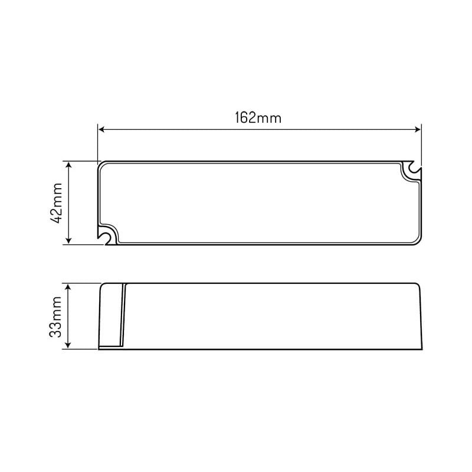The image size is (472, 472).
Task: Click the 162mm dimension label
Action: (258, 117)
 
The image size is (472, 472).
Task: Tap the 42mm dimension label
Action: (56, 203)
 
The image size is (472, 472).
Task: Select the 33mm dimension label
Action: (55, 317)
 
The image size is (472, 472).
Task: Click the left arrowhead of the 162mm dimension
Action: (101, 129)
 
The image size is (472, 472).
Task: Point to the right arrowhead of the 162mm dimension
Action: (418, 129)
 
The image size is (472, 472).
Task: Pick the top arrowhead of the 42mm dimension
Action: (68, 165)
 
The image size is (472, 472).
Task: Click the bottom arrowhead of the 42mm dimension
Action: (68, 240)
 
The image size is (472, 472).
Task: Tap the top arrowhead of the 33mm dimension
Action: (68, 287)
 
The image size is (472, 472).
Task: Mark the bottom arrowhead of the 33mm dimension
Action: (68, 345)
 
